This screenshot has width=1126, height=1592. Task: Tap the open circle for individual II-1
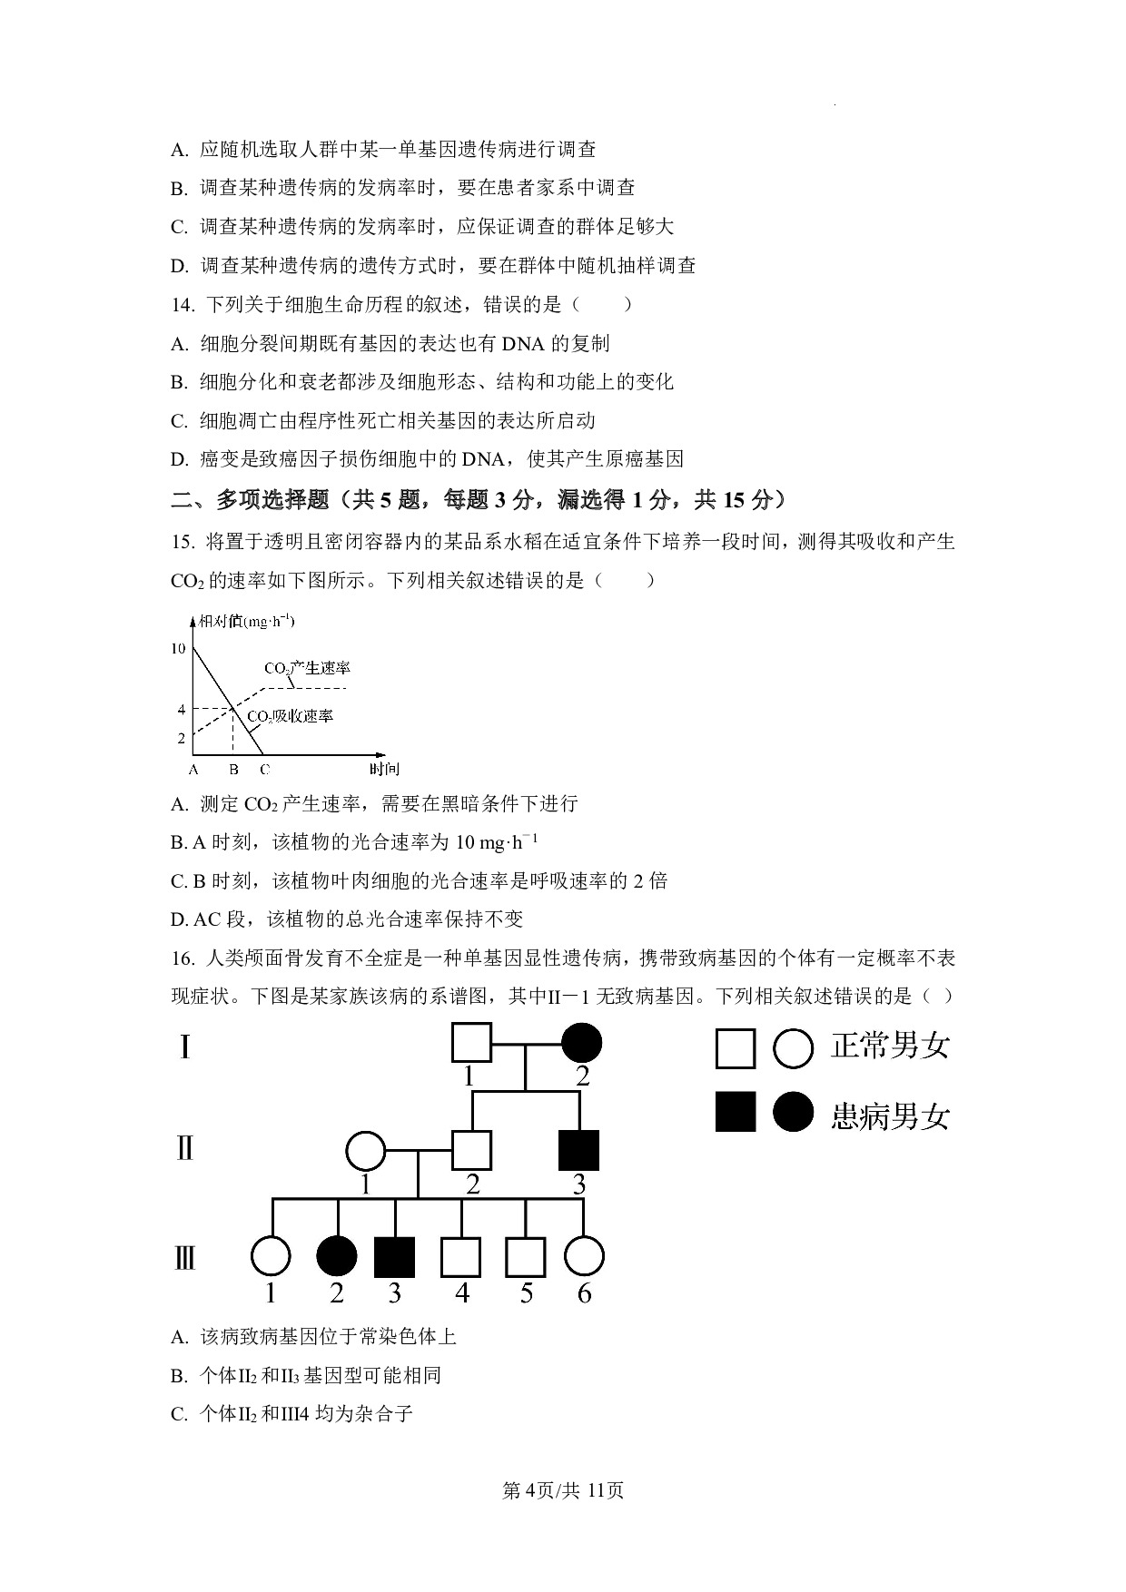[365, 1151]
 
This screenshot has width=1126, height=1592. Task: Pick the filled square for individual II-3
[578, 1150]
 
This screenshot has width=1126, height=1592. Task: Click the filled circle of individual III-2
[336, 1257]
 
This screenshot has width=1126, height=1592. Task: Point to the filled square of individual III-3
[394, 1257]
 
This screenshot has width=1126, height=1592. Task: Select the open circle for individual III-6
[584, 1257]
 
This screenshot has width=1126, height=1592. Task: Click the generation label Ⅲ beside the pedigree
[184, 1259]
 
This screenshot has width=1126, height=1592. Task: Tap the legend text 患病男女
[890, 1116]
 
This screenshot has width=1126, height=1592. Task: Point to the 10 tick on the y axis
[178, 648]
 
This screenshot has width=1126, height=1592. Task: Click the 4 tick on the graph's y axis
[182, 709]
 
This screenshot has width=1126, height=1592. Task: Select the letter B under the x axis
[233, 770]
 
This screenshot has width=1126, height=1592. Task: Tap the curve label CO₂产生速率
[307, 668]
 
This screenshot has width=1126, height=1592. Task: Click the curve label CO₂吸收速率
[291, 716]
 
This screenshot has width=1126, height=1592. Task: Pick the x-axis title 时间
[384, 769]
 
